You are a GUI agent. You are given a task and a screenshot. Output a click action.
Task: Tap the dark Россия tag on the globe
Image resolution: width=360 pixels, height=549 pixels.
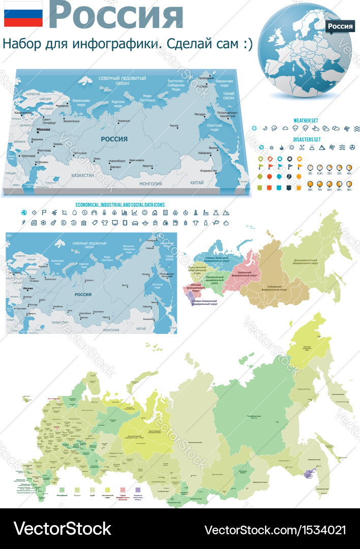click(340, 26)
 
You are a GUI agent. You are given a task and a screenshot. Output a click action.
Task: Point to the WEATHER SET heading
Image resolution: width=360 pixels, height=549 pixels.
click(306, 120)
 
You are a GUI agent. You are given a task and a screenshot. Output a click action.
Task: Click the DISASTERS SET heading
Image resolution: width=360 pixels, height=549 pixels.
click(307, 139)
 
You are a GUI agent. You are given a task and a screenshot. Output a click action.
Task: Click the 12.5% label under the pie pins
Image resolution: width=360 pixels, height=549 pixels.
click(319, 174)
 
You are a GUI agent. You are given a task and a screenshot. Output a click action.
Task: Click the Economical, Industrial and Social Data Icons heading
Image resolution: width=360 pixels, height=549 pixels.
click(120, 204)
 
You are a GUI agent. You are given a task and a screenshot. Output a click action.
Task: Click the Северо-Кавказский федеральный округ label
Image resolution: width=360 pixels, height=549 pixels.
click(205, 303)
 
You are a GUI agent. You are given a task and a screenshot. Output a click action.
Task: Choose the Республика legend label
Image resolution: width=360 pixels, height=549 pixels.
click(62, 495)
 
